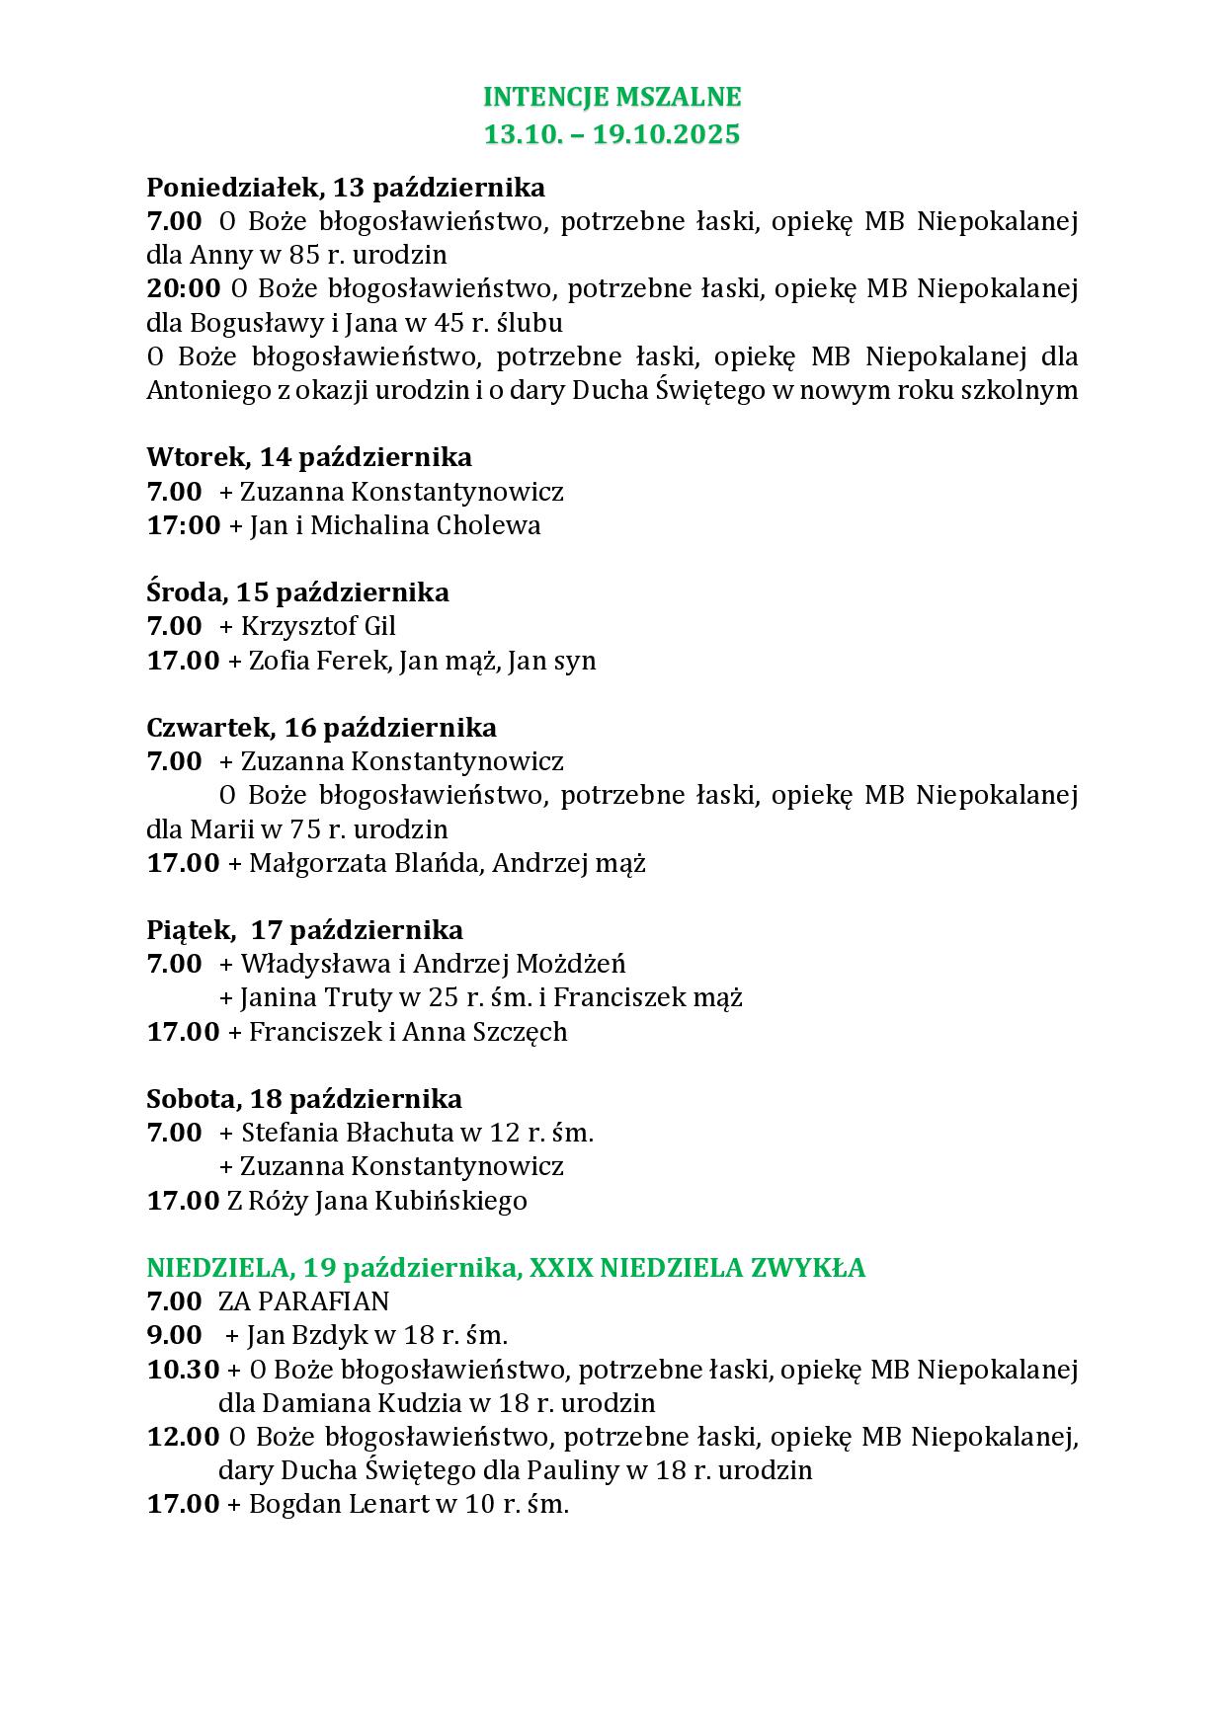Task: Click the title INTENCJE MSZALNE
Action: pos(612,97)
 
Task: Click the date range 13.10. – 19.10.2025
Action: pos(612,133)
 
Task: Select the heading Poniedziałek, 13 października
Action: pos(346,187)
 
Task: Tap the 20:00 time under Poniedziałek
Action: pos(183,288)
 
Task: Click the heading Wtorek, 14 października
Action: pos(309,457)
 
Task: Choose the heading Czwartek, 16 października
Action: pos(321,728)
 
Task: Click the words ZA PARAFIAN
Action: pos(303,1301)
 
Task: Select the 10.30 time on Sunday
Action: pos(183,1370)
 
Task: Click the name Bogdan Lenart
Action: pos(339,1505)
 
